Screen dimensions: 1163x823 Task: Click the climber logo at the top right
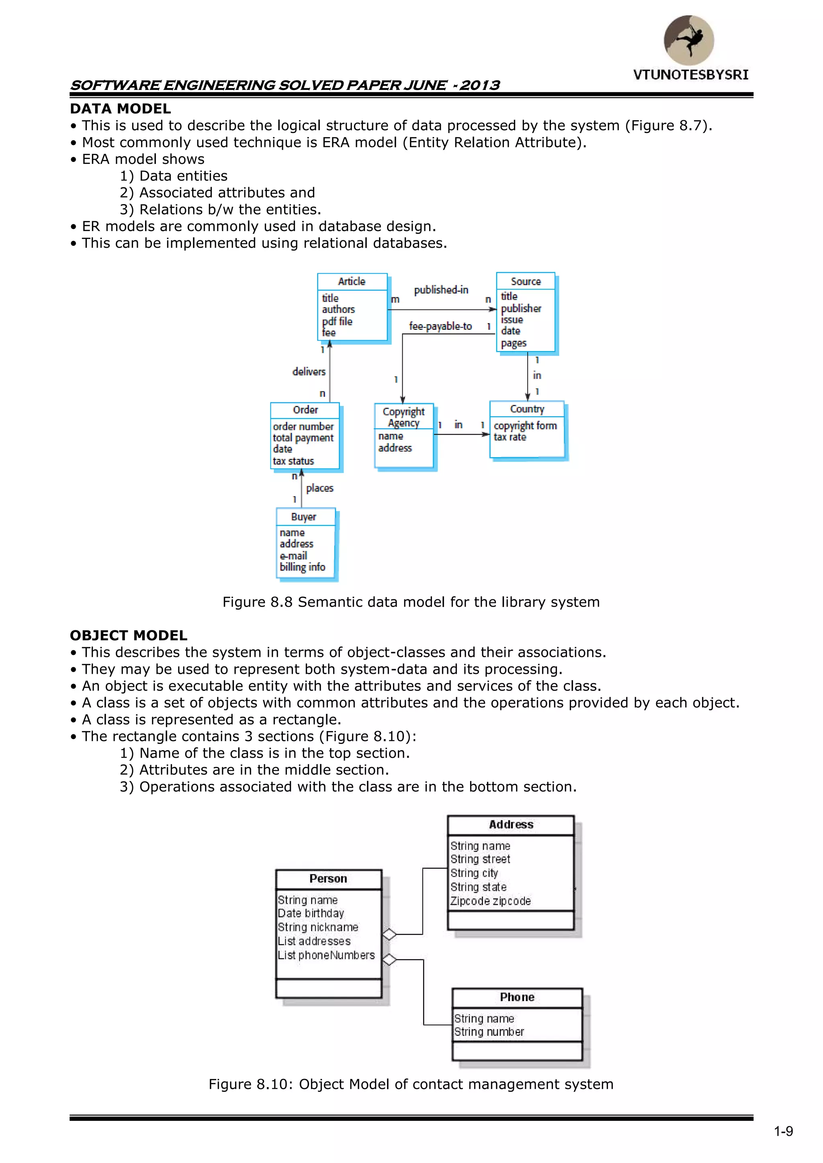click(x=689, y=40)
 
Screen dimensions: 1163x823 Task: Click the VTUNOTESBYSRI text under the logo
click(x=690, y=75)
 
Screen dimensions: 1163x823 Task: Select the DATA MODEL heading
click(x=120, y=108)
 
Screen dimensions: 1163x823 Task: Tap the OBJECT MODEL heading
click(x=128, y=635)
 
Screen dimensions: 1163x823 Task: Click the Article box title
click(x=352, y=281)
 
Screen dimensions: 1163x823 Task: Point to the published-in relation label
click(x=441, y=290)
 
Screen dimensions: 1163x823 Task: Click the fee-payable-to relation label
click(x=440, y=326)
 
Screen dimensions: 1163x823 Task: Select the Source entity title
click(x=526, y=281)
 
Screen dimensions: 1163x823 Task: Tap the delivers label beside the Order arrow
click(x=309, y=372)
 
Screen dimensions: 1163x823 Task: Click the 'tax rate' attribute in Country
click(x=510, y=437)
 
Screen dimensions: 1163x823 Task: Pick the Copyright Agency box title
click(x=403, y=417)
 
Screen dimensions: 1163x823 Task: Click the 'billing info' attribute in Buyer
click(x=303, y=567)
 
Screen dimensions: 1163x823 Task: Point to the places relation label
click(x=320, y=488)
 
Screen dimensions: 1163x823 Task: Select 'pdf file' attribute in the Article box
click(x=337, y=321)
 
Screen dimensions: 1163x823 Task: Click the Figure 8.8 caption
click(x=411, y=602)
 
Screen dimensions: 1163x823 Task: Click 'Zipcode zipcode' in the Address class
click(x=490, y=901)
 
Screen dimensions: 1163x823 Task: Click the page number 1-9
click(x=783, y=1131)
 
